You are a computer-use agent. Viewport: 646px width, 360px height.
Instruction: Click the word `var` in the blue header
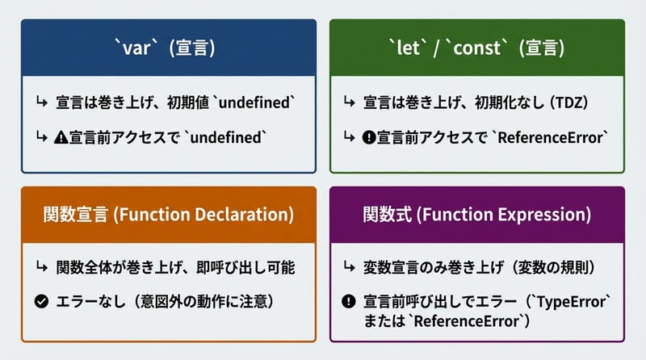tap(137, 48)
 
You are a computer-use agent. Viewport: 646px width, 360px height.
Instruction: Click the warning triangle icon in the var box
tap(61, 137)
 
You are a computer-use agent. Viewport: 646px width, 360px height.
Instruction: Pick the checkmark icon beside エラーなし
tap(41, 303)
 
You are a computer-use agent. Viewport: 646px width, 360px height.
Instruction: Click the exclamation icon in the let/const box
tap(369, 137)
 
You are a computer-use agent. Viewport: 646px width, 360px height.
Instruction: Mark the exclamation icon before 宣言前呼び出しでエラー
tap(348, 303)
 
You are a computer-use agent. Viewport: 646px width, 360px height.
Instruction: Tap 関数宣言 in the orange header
tap(72, 216)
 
